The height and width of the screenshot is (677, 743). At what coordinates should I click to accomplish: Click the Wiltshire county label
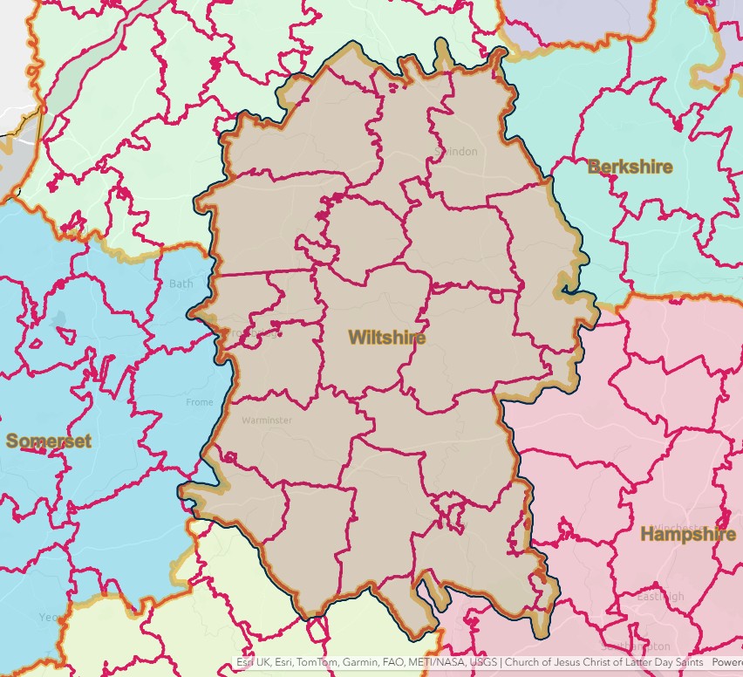point(386,338)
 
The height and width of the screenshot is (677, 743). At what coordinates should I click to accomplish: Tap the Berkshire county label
point(630,167)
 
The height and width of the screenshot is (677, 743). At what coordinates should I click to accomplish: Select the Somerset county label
point(49,441)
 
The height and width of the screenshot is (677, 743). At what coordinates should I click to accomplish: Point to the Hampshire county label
point(688,534)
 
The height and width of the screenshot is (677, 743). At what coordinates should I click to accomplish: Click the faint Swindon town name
point(455,152)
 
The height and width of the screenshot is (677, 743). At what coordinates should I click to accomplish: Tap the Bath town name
point(181,284)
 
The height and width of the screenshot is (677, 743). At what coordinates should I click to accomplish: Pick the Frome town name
point(199,402)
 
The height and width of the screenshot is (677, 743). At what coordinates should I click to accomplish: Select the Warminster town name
point(267,420)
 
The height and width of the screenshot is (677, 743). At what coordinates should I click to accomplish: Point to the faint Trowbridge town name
point(253,332)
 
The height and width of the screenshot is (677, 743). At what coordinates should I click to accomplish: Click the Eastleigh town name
point(660,597)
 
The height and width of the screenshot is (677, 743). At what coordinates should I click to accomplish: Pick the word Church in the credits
point(523,663)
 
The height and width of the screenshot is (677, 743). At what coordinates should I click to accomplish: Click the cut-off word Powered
point(727,663)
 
